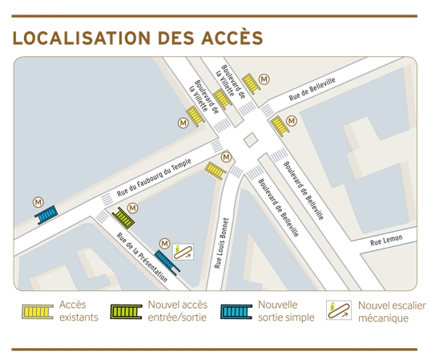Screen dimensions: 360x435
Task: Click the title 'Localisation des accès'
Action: click(x=138, y=38)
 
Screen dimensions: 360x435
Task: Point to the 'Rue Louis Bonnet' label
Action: click(x=225, y=241)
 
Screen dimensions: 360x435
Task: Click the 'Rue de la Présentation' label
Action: click(x=142, y=257)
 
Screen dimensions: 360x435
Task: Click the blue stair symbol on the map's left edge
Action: click(x=46, y=214)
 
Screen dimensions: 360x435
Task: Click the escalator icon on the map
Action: click(x=184, y=252)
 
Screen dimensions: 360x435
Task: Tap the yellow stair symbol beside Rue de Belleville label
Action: click(x=280, y=125)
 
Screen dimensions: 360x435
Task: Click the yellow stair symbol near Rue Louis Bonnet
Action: click(x=215, y=169)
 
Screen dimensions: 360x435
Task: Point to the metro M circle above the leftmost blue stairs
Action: click(x=38, y=200)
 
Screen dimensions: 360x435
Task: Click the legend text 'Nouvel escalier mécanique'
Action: click(x=392, y=311)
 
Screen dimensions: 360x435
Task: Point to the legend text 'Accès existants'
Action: click(x=79, y=311)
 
